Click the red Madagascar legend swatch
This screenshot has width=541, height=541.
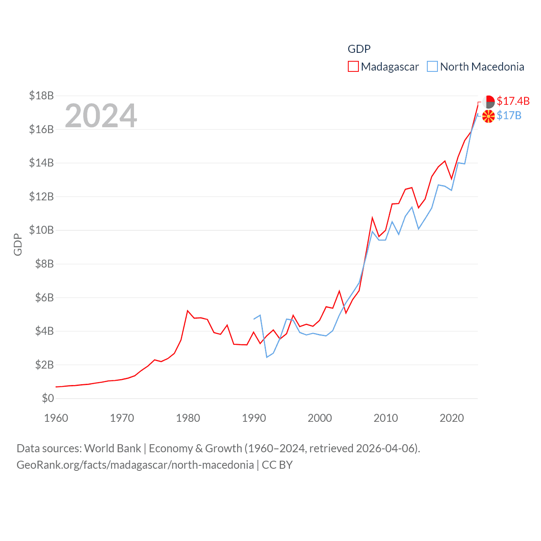point(353,67)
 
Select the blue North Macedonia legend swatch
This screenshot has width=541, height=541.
point(432,67)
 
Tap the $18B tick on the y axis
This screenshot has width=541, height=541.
point(41,96)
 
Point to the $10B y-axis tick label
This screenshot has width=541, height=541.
point(41,230)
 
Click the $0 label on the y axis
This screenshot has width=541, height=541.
point(48,398)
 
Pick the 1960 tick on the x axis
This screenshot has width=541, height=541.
point(56,418)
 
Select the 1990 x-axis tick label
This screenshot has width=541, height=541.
point(254,418)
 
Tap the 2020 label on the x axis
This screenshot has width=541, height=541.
point(451,418)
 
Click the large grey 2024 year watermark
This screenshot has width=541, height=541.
point(101,115)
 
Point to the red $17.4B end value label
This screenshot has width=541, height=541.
point(513,101)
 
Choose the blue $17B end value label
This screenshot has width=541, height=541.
point(509,115)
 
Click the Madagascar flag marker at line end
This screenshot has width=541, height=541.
point(489,102)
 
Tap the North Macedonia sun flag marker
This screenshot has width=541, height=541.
point(489,116)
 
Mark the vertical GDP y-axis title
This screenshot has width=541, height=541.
point(18,244)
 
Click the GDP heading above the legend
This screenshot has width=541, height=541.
point(359,49)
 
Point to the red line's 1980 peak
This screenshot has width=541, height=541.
point(188,311)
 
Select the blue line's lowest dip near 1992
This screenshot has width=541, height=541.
point(267,357)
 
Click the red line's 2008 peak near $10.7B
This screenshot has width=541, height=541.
point(372,218)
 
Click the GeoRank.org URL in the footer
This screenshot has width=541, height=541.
point(135,465)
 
